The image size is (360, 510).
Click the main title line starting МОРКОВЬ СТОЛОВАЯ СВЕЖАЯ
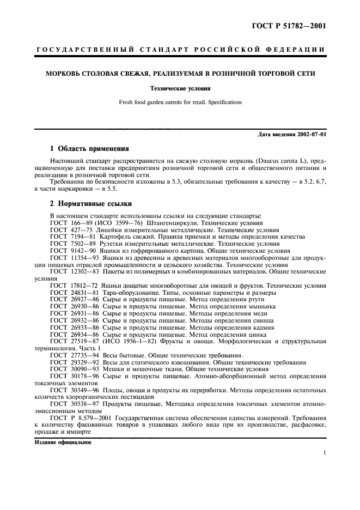180,73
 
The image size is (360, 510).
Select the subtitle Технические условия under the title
180,88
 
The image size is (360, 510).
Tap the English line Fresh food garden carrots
180,102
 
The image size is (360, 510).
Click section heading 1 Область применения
89,148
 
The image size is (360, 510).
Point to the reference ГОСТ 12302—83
71,271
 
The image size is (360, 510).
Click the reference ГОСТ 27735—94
71,355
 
